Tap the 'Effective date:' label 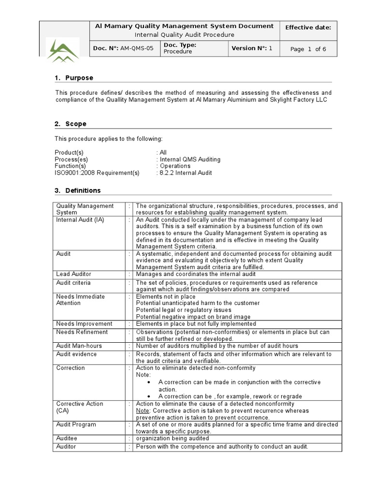point(308,28)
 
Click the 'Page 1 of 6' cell point(309,49)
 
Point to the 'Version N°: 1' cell point(252,48)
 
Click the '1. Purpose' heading point(74,78)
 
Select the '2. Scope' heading point(71,124)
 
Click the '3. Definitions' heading point(77,190)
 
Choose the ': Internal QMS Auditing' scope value point(188,159)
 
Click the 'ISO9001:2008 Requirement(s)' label point(97,173)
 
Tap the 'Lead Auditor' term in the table point(73,274)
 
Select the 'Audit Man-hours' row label point(76,346)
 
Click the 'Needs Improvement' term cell point(84,324)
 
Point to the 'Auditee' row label point(67,438)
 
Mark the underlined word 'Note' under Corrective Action point(143,410)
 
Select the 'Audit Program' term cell point(76,424)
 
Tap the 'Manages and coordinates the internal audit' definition point(196,274)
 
